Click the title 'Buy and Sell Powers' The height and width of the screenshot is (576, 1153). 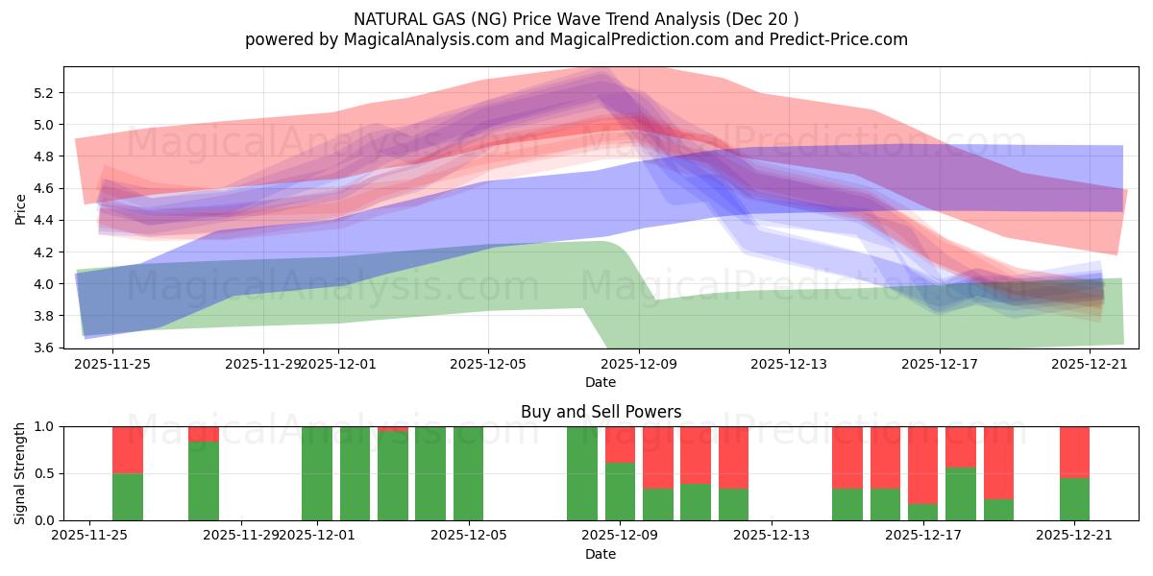601,412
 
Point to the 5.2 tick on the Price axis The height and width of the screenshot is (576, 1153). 44,93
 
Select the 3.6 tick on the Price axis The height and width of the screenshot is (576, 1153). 44,348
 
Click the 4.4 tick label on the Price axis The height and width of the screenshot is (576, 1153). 44,220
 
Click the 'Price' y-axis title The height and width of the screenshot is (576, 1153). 20,207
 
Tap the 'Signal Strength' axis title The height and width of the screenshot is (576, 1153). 20,472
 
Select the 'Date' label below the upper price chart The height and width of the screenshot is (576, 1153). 601,382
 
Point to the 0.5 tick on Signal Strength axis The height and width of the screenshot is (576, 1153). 44,473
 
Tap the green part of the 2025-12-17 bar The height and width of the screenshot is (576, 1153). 961,494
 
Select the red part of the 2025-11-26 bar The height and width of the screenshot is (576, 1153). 128,449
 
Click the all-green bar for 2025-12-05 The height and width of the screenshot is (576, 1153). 468,473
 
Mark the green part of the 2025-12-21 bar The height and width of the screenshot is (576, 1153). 1074,499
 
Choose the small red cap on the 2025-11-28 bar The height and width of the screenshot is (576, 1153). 204,434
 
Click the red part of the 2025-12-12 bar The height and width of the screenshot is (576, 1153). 733,457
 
